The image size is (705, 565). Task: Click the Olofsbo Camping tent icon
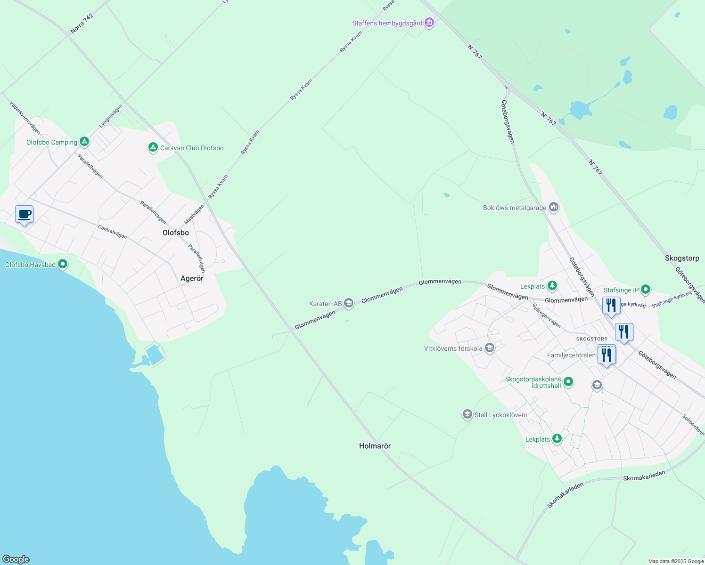[84, 141]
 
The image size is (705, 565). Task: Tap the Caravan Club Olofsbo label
[192, 148]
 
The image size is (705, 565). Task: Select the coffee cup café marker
[24, 215]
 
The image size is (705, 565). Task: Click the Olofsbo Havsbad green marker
[63, 265]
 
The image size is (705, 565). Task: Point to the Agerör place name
[192, 279]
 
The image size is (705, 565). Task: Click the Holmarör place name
[375, 446]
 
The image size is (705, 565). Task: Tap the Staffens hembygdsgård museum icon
[429, 23]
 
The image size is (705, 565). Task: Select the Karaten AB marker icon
[349, 303]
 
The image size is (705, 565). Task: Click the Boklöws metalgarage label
[515, 208]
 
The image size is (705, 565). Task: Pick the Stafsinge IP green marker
[646, 290]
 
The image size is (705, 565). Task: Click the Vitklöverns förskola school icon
[490, 348]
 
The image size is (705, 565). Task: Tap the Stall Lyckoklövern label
[501, 415]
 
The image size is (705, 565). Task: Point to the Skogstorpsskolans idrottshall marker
[568, 382]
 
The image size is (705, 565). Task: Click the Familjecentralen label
[571, 355]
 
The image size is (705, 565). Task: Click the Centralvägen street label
[112, 232]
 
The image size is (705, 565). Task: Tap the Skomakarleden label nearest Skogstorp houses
[644, 476]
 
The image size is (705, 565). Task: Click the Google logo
[16, 559]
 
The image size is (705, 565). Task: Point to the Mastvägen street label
[194, 214]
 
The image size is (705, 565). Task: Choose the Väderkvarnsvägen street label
[25, 117]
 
